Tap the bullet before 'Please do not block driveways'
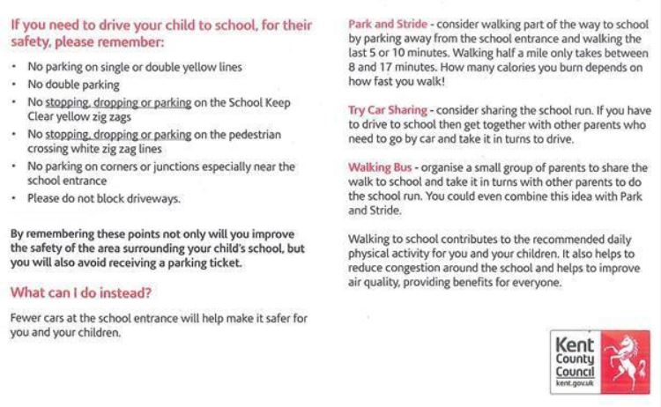point(15,199)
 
